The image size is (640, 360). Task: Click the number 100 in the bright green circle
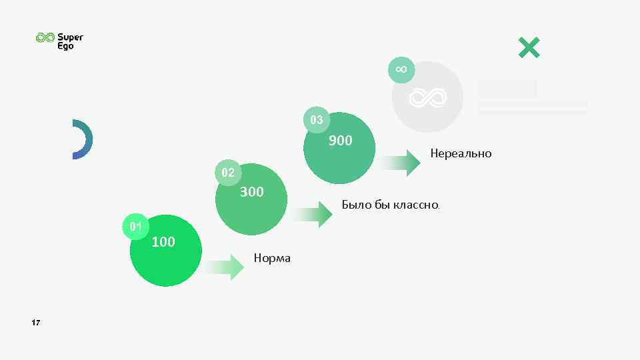(163, 242)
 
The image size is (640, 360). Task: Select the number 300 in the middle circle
(251, 192)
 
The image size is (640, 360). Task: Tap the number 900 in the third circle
(340, 141)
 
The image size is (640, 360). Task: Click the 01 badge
(136, 227)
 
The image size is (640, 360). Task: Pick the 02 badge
(228, 173)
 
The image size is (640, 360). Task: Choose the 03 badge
(317, 120)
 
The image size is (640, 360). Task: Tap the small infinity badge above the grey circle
(401, 69)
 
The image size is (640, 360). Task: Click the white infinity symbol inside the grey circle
(427, 97)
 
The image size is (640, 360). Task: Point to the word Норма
(272, 258)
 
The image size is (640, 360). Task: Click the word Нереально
(461, 153)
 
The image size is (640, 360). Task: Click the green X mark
(529, 47)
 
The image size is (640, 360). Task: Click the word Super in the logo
(70, 37)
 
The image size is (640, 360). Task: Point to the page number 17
(36, 323)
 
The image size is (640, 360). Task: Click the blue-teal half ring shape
(84, 139)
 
